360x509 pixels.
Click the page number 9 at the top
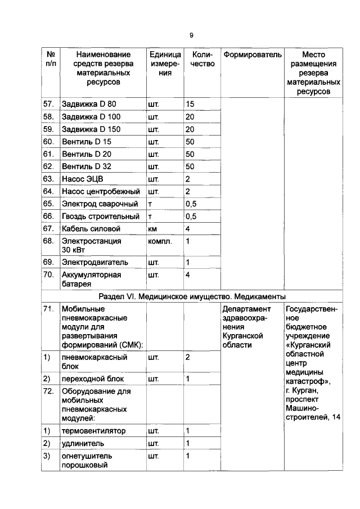click(x=191, y=35)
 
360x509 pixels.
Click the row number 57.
click(x=48, y=104)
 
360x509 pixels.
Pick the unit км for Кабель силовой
click(x=152, y=229)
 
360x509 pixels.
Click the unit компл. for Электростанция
click(x=159, y=241)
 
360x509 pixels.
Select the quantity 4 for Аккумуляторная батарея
click(x=188, y=275)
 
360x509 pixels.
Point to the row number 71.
click(x=48, y=309)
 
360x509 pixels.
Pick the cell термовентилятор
click(x=93, y=431)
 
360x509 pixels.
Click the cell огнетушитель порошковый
click(x=87, y=460)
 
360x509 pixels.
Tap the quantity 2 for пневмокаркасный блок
click(x=188, y=358)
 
